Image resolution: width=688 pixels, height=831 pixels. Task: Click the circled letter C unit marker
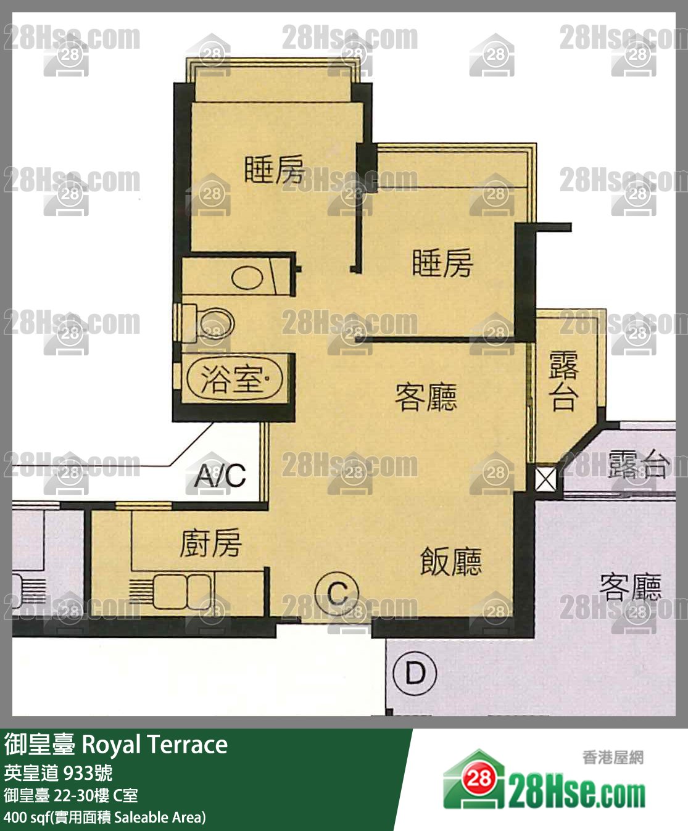pyautogui.click(x=337, y=593)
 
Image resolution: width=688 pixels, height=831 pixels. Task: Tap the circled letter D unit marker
pyautogui.click(x=415, y=672)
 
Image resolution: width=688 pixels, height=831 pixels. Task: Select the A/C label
pyautogui.click(x=220, y=475)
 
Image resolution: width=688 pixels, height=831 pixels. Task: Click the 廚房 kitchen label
pyautogui.click(x=210, y=543)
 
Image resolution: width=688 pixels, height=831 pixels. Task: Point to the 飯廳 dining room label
pyautogui.click(x=450, y=561)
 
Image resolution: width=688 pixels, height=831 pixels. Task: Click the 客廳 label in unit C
pyautogui.click(x=426, y=397)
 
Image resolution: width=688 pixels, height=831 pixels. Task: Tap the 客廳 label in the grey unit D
pyautogui.click(x=630, y=586)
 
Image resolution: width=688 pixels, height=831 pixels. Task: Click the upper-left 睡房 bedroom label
pyautogui.click(x=274, y=170)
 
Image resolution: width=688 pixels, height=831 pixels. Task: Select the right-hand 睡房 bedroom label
pyautogui.click(x=442, y=263)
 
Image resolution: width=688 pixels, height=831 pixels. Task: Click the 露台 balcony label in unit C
pyautogui.click(x=563, y=381)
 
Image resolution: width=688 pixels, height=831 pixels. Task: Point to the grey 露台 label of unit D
pyautogui.click(x=638, y=464)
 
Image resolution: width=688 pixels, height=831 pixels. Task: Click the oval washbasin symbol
pyautogui.click(x=247, y=278)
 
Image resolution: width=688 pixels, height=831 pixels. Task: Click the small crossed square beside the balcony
pyautogui.click(x=545, y=479)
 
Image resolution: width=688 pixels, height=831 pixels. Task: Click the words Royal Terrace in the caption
pyautogui.click(x=154, y=745)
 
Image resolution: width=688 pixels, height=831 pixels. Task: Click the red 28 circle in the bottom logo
pyautogui.click(x=478, y=778)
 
